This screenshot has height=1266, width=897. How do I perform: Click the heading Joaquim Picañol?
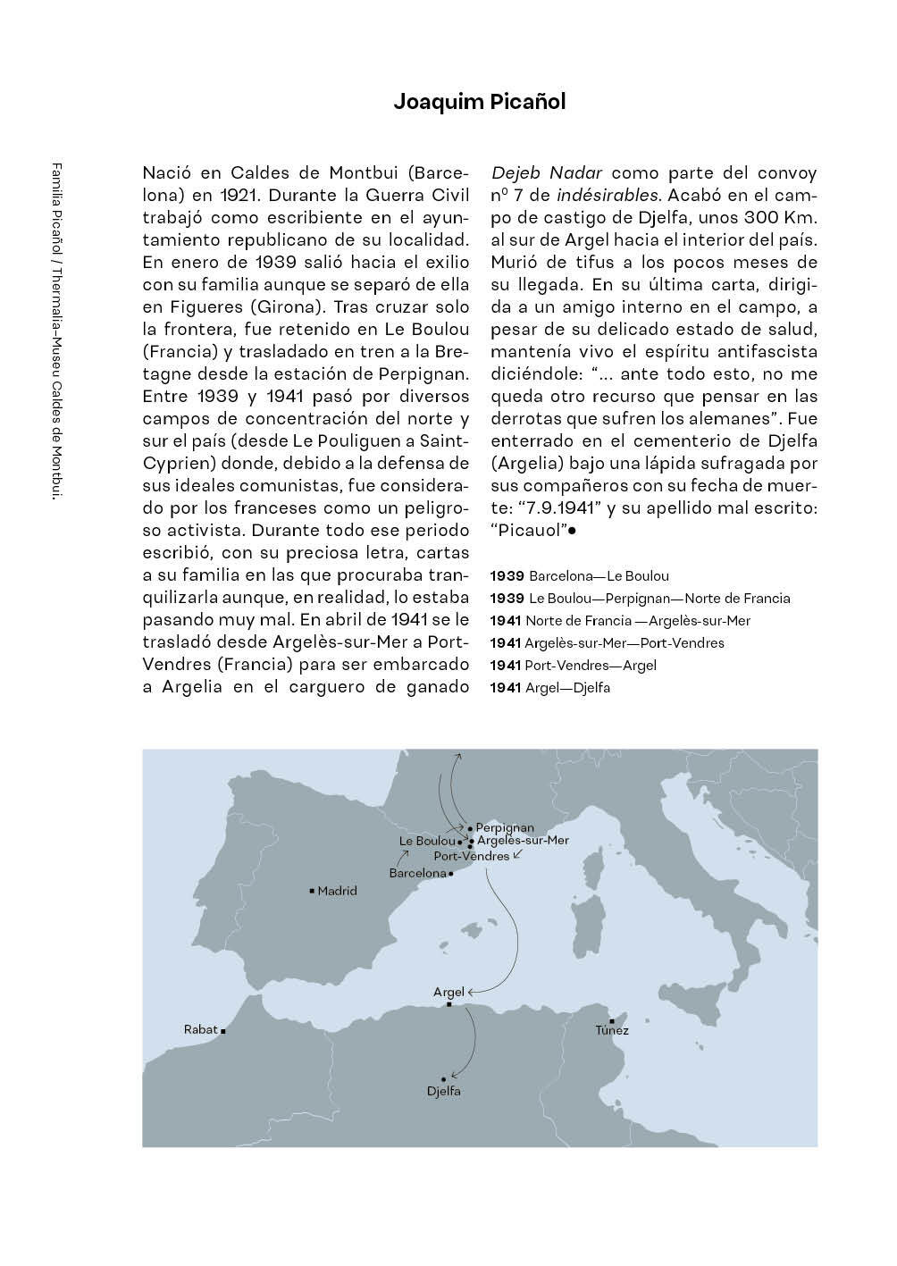pos(479,102)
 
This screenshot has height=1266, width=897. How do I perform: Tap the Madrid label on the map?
pos(337,891)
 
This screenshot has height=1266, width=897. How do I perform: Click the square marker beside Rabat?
pos(222,1031)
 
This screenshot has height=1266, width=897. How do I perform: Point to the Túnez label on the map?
pos(612,1030)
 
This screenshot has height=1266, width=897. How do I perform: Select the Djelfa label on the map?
pos(444,1092)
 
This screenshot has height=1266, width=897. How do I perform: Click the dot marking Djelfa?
pos(443,1079)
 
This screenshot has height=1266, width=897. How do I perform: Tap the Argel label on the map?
pos(448,992)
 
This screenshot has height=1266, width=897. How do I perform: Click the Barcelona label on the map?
pos(417,873)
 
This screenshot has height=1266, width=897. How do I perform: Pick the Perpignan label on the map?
pos(505,828)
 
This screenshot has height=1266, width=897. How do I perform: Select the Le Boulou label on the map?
pos(427,842)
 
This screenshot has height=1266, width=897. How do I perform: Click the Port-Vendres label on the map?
pos(472,856)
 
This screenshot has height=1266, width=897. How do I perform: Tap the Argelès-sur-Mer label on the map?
pos(523,841)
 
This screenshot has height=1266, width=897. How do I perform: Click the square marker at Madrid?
pos(311,891)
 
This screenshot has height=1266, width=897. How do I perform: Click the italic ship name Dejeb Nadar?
pos(547,173)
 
